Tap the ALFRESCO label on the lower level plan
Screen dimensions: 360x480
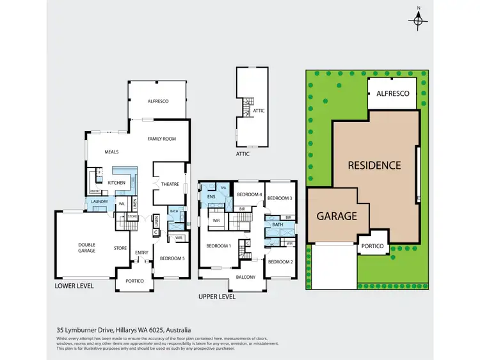tap(157, 101)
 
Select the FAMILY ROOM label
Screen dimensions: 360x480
tap(161, 139)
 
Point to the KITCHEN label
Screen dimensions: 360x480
tap(116, 184)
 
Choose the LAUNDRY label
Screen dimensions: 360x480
tap(100, 202)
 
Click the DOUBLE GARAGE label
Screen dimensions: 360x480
tap(87, 248)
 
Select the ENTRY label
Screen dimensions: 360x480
tap(142, 252)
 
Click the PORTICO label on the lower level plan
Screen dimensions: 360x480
tap(134, 281)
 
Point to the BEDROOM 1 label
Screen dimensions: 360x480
tap(218, 246)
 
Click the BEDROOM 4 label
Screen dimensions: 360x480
tap(249, 194)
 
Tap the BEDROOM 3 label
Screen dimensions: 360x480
tap(279, 198)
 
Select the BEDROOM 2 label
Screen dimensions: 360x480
tap(280, 262)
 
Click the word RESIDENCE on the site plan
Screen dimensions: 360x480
tap(374, 165)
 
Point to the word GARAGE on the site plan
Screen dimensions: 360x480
tap(337, 215)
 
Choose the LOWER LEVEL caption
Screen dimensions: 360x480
tap(74, 286)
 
